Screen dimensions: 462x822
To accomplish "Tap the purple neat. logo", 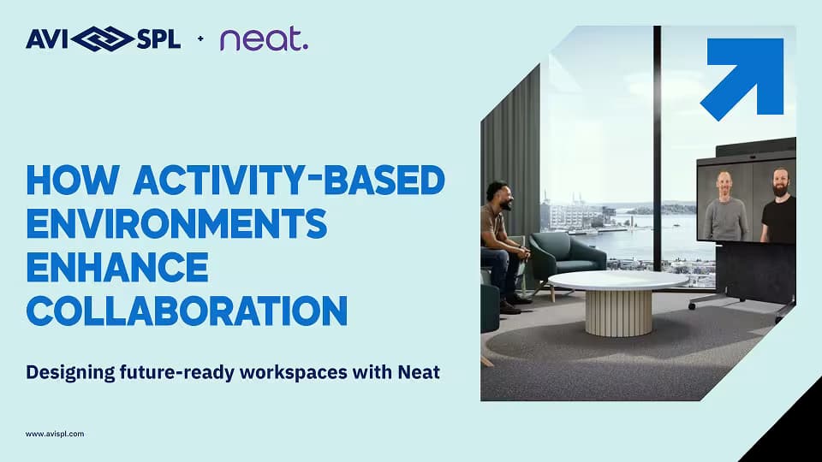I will (263, 39).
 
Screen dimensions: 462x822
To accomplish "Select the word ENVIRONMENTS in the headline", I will (177, 225).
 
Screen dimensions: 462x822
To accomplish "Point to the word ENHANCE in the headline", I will (117, 268).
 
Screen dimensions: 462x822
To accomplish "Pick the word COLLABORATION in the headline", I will (187, 310).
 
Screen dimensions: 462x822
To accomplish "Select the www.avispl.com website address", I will (55, 435).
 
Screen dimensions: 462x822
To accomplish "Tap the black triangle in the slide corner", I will (792, 432).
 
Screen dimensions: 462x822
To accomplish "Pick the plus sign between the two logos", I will (200, 39).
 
